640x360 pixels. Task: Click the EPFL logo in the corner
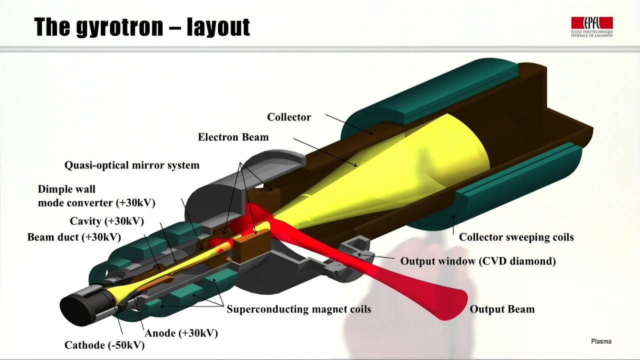(592, 27)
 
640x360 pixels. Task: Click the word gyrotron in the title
(119, 27)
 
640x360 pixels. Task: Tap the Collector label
(289, 117)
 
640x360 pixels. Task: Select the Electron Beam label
(233, 137)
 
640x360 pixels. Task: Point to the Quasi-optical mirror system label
(131, 165)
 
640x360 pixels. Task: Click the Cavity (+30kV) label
(107, 221)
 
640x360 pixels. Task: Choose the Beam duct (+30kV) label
(74, 237)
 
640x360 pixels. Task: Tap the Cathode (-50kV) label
(104, 345)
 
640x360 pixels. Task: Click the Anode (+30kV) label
(181, 333)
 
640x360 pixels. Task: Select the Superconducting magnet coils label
(299, 309)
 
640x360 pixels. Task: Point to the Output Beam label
(502, 309)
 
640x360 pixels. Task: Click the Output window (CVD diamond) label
(478, 261)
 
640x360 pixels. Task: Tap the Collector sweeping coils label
(516, 237)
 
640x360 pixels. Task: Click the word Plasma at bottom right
(601, 341)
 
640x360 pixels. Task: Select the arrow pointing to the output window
(375, 256)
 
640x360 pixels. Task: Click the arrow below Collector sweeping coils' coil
(453, 224)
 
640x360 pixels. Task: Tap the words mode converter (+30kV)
(96, 203)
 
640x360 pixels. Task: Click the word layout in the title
(218, 27)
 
